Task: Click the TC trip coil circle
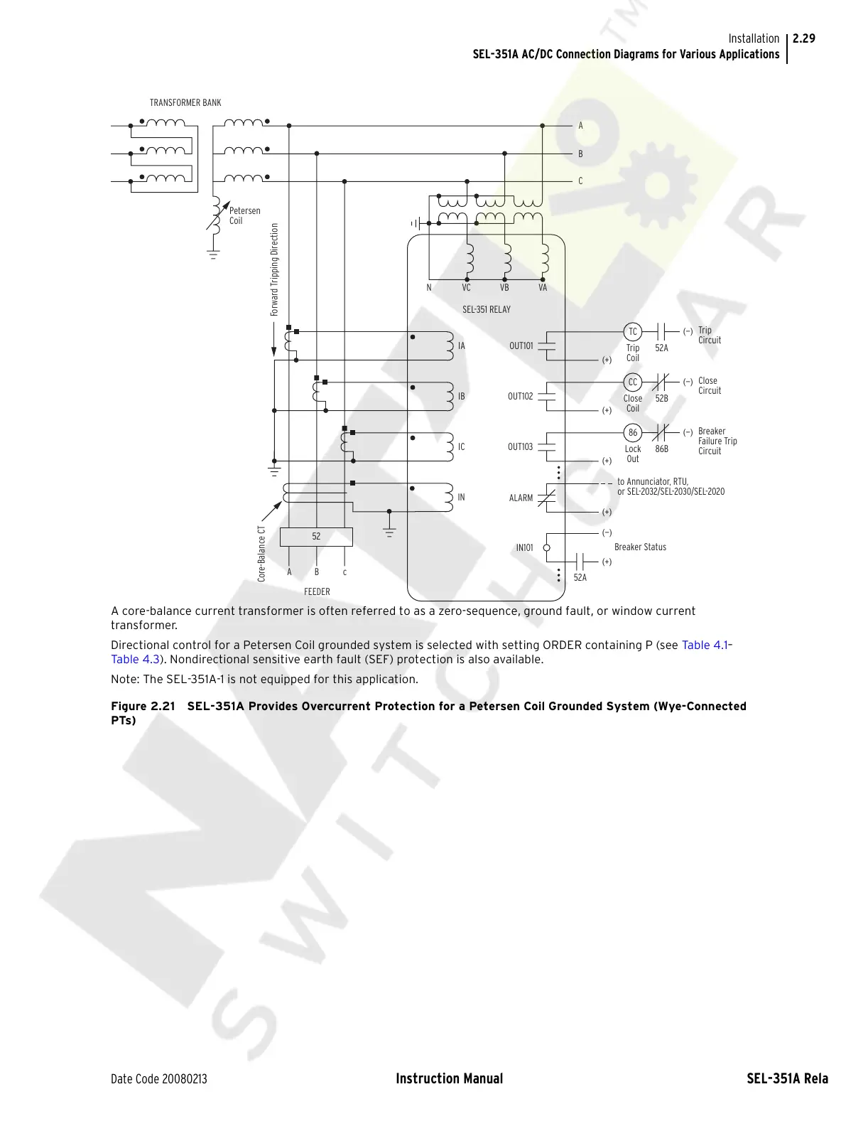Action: (632, 332)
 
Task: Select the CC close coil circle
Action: (632, 382)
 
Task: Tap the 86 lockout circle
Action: (632, 433)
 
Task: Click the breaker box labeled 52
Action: (316, 537)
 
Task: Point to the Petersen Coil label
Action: (244, 215)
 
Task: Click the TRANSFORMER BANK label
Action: (185, 103)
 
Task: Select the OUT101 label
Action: (521, 346)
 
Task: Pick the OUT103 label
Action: (520, 447)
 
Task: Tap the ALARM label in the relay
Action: (521, 498)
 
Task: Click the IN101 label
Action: (524, 548)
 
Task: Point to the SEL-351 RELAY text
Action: (487, 310)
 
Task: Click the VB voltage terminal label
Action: (504, 288)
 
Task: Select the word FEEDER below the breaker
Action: (317, 591)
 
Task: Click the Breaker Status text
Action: (640, 547)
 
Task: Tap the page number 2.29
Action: (804, 38)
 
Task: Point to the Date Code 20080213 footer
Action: (159, 1079)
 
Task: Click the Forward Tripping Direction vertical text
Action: (274, 270)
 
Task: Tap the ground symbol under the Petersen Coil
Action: (213, 254)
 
